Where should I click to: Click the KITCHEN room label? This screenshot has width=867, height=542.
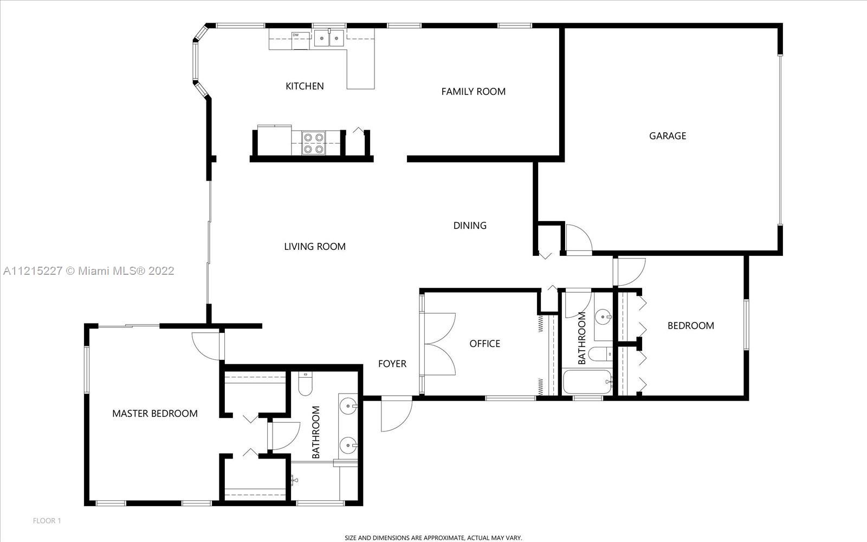pyautogui.click(x=305, y=86)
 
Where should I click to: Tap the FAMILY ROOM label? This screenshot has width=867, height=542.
pyautogui.click(x=474, y=92)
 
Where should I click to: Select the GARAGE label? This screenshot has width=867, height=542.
pyautogui.click(x=668, y=136)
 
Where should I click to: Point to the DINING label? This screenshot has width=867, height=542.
pyautogui.click(x=470, y=225)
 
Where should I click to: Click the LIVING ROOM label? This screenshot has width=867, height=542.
pyautogui.click(x=315, y=246)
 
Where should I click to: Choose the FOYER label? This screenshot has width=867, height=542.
pyautogui.click(x=392, y=364)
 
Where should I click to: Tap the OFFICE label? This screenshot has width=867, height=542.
pyautogui.click(x=484, y=344)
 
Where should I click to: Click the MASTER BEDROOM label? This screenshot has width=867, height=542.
pyautogui.click(x=155, y=414)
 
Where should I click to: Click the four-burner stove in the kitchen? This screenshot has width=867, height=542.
pyautogui.click(x=314, y=143)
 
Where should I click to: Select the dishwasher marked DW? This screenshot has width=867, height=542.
pyautogui.click(x=301, y=40)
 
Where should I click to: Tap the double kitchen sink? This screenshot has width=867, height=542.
pyautogui.click(x=329, y=38)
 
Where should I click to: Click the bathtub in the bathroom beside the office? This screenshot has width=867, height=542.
pyautogui.click(x=587, y=382)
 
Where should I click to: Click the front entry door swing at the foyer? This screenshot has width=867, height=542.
pyautogui.click(x=396, y=414)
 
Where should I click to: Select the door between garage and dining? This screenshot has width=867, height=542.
pyautogui.click(x=579, y=239)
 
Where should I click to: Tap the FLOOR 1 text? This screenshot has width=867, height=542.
pyautogui.click(x=47, y=521)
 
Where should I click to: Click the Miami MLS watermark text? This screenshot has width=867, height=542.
pyautogui.click(x=89, y=270)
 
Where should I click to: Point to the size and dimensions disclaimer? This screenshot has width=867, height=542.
pyautogui.click(x=433, y=538)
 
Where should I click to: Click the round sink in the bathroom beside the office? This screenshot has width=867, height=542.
pyautogui.click(x=602, y=317)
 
